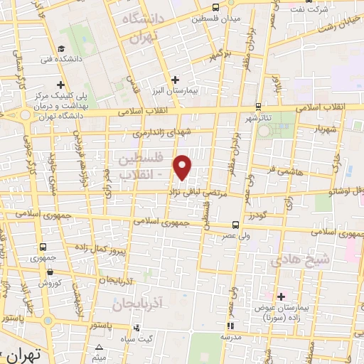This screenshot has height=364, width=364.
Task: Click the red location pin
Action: pyautogui.click(x=183, y=166)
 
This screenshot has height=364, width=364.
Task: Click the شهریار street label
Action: pyautogui.click(x=315, y=130)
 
